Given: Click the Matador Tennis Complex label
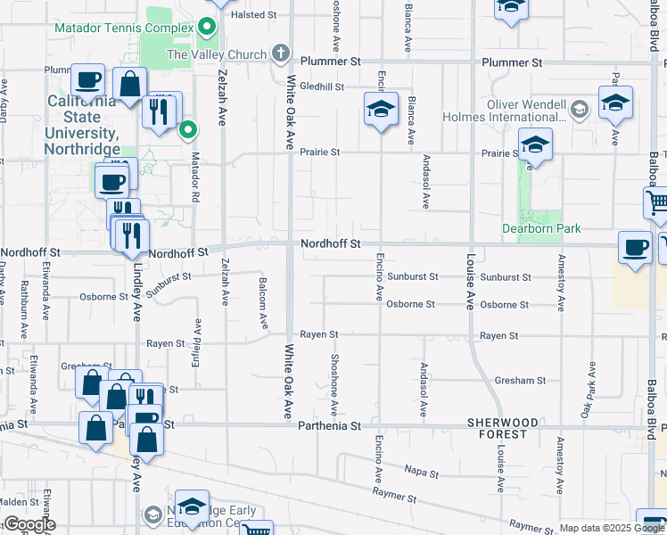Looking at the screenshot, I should click(x=124, y=28).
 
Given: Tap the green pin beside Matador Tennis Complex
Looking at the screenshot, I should click(x=208, y=26).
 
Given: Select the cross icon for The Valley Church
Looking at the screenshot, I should click(x=281, y=53).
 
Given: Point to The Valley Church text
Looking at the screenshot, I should click(x=217, y=54).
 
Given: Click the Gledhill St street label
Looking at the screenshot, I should click(x=322, y=86).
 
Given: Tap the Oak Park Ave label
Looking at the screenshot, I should click(x=589, y=393).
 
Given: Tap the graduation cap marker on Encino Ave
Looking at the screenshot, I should click(x=381, y=111).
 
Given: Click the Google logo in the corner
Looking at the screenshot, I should click(x=29, y=524).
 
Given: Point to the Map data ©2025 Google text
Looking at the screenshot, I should click(x=611, y=528).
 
